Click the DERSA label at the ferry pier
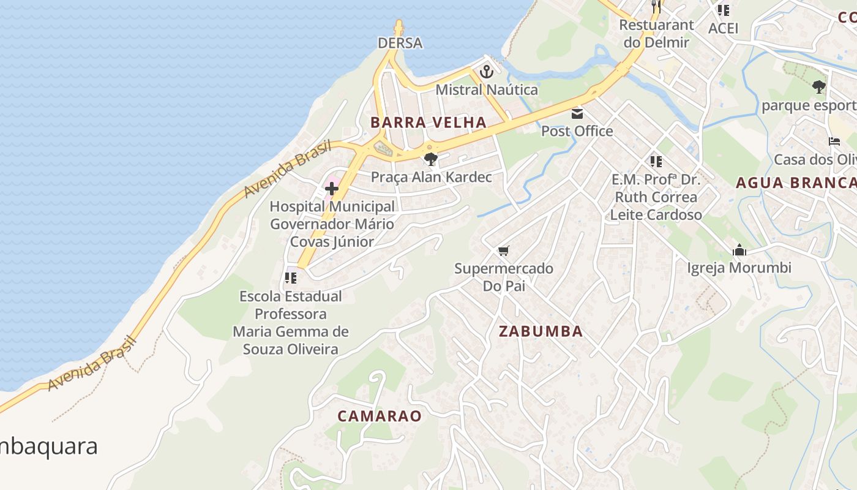[x=400, y=43]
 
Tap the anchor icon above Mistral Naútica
[x=486, y=72]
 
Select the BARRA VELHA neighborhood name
[x=428, y=123]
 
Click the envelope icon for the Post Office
[x=577, y=113]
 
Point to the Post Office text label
[x=577, y=131]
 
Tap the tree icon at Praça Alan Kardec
[x=431, y=159]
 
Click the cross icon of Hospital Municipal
[x=332, y=189]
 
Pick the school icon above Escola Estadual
[x=291, y=278]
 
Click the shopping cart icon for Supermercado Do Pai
[x=503, y=251]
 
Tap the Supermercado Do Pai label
[x=503, y=277]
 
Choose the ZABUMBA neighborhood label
[x=541, y=331]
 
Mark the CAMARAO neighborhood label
[x=380, y=417]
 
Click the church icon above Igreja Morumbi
[x=739, y=250]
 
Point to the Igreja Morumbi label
[x=739, y=268]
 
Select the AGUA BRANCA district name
[x=796, y=183]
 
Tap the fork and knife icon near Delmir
[x=656, y=7]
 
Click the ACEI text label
[x=723, y=28]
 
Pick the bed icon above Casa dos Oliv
[x=834, y=141]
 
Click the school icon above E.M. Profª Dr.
[x=656, y=162]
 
